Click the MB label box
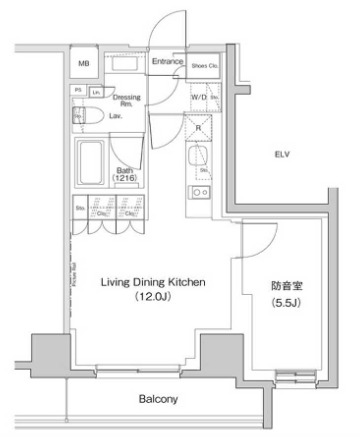pos(84,63)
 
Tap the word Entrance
pos(166,62)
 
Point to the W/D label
pos(198,97)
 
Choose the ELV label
pos(285,154)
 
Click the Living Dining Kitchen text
pos(153,283)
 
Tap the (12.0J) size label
pos(153,297)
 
